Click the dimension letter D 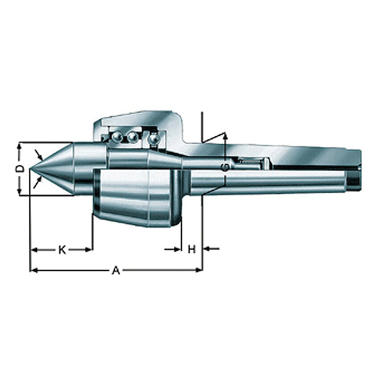(21, 168)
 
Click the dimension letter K (62, 249)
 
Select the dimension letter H (192, 249)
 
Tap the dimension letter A (116, 270)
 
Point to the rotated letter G (225, 167)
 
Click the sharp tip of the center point (29, 169)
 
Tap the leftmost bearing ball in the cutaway (117, 137)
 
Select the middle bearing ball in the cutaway (132, 137)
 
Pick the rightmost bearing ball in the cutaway (154, 139)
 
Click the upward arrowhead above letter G (225, 136)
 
